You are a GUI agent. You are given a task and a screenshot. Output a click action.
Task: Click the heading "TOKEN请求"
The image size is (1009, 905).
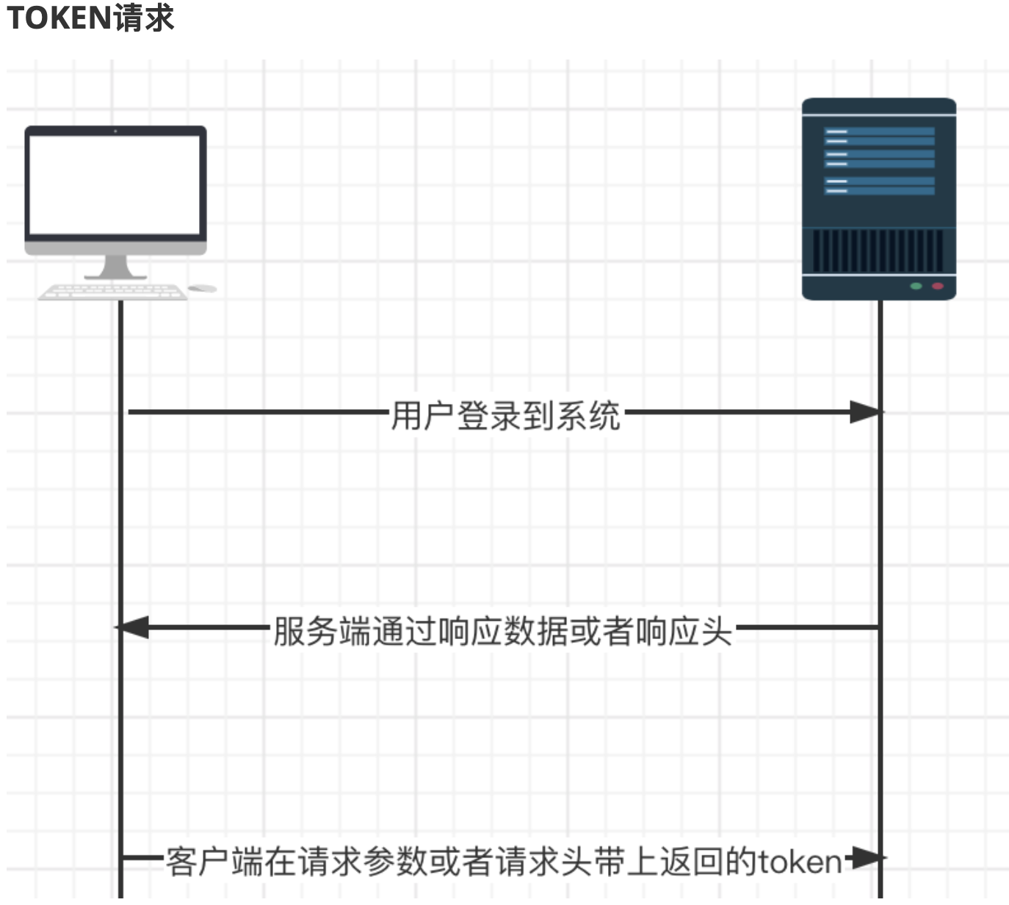click(90, 18)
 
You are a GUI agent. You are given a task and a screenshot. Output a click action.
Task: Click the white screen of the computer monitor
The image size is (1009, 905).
click(115, 184)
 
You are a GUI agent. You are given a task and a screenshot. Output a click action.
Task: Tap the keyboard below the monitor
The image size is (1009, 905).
click(112, 292)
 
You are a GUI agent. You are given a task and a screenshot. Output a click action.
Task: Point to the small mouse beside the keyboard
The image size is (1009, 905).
click(202, 288)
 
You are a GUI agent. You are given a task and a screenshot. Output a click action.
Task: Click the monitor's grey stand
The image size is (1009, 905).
click(115, 267)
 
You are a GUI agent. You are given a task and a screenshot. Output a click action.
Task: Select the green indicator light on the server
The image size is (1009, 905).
click(916, 286)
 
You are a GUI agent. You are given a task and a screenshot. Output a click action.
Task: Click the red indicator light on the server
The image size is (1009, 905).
click(937, 286)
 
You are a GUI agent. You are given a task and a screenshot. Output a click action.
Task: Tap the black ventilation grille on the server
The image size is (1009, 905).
click(878, 250)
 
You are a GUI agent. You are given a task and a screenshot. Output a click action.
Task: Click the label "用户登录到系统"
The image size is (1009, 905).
click(505, 416)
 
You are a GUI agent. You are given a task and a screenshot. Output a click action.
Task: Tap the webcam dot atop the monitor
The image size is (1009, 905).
click(115, 131)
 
